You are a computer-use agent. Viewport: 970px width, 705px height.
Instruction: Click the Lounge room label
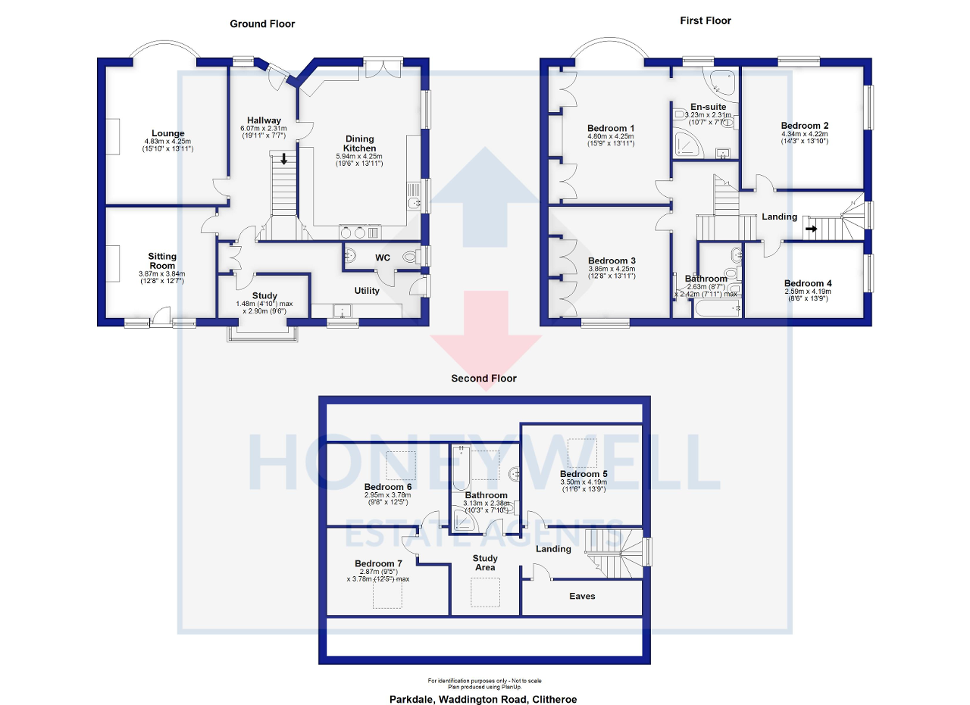(167, 133)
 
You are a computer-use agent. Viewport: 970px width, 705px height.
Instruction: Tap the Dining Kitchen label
(360, 143)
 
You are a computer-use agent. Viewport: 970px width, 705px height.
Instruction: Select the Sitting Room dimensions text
(161, 278)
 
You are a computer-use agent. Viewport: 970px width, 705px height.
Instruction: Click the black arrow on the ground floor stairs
(284, 159)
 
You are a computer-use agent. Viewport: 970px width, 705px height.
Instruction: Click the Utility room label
(367, 291)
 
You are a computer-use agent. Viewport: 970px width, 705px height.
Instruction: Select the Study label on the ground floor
(264, 295)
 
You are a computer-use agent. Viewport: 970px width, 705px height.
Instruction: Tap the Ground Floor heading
(262, 24)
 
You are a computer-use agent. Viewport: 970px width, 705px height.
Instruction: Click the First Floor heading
(705, 20)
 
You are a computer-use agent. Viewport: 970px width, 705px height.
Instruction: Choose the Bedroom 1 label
(611, 128)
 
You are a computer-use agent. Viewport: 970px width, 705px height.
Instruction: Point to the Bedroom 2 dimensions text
(805, 138)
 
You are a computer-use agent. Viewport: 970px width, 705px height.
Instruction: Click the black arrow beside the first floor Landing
(811, 228)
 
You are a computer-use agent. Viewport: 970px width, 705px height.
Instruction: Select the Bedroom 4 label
(808, 283)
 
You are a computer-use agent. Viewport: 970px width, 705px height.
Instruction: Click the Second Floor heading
(483, 378)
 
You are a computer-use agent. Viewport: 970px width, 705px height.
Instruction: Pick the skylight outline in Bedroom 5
(582, 452)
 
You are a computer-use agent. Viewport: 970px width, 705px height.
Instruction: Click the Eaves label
(582, 596)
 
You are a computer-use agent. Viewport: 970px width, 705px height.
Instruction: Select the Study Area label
(485, 563)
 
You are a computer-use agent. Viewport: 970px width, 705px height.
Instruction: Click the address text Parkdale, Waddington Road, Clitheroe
(484, 699)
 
